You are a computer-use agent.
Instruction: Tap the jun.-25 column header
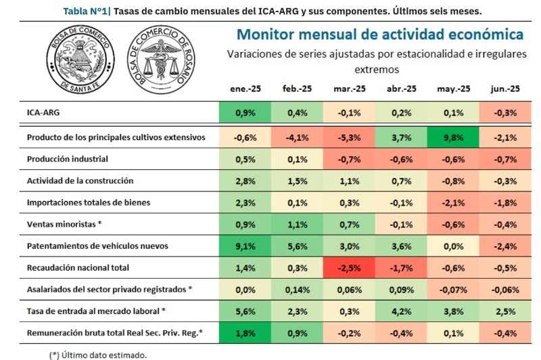point(505,89)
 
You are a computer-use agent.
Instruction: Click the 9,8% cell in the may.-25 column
point(453,137)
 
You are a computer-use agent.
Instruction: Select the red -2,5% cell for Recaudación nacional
point(348,268)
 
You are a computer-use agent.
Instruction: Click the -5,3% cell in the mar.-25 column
point(348,137)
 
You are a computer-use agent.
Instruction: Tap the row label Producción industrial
point(67,159)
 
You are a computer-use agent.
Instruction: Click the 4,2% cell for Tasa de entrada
point(400,311)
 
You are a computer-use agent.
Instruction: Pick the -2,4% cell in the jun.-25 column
point(505,246)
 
